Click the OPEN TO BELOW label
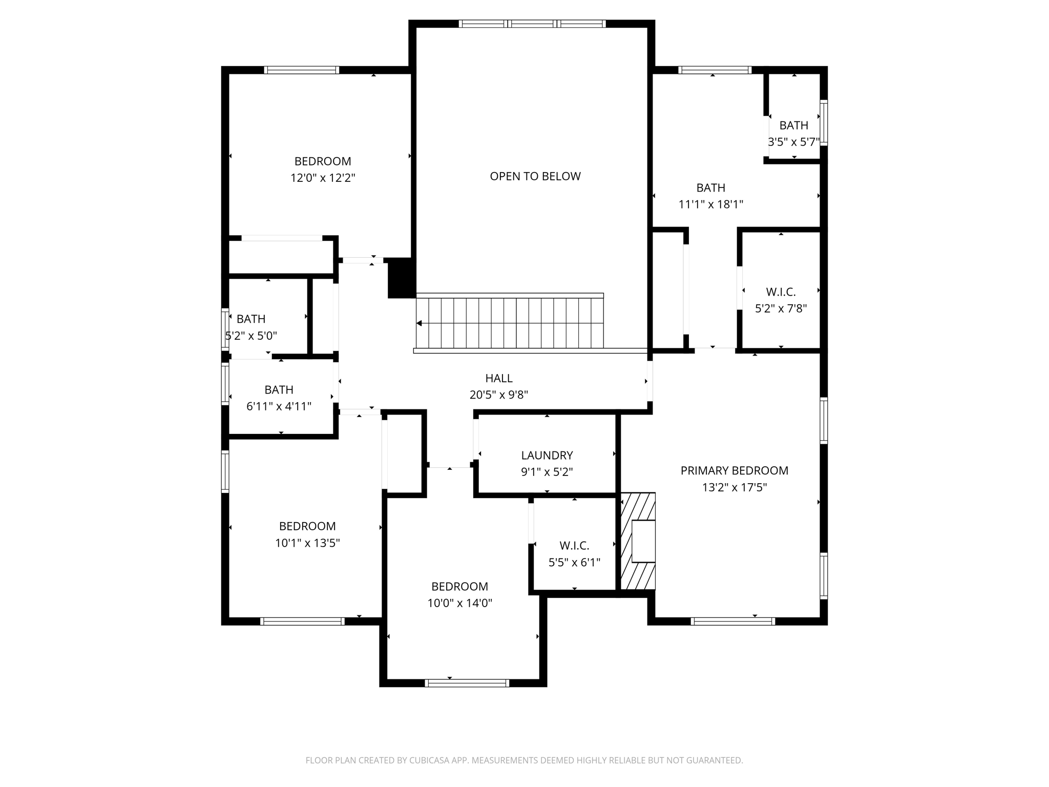(x=535, y=176)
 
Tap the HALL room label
(x=499, y=378)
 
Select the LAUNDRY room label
(x=547, y=455)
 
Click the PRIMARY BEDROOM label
(x=734, y=470)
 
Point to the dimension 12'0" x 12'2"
(x=323, y=178)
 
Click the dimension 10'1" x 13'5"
(x=307, y=543)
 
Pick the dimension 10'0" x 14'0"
(x=459, y=603)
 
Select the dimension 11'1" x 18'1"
(x=710, y=204)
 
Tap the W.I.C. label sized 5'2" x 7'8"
(x=781, y=292)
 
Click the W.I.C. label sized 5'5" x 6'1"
(x=574, y=546)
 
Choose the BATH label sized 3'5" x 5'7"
(x=793, y=126)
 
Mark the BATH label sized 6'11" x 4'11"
(x=279, y=390)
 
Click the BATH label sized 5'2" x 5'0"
(x=251, y=319)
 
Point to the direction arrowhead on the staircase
(x=419, y=323)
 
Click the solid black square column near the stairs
(x=402, y=278)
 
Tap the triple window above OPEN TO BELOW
(x=532, y=24)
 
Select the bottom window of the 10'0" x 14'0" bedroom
(x=467, y=683)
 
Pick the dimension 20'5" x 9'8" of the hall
(x=499, y=395)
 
